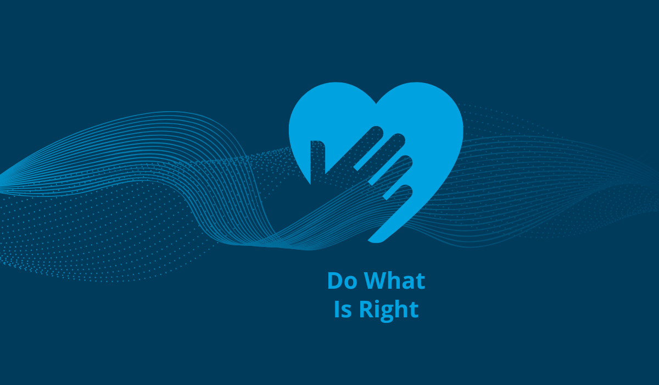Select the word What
(x=393, y=281)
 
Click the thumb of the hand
(x=317, y=159)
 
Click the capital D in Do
(x=334, y=281)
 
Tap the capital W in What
(x=373, y=281)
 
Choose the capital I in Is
(x=337, y=310)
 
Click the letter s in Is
(x=347, y=312)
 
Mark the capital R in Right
(x=366, y=310)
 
